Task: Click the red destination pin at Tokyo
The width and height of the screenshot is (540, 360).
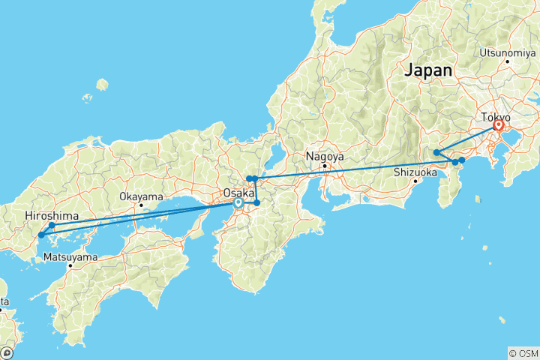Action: point(497,127)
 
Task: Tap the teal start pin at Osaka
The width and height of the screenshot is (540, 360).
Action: point(238,202)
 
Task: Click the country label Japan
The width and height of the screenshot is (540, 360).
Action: point(429,70)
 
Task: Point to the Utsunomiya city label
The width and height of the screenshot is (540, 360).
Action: point(508,53)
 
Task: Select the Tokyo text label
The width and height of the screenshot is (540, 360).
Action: point(496,118)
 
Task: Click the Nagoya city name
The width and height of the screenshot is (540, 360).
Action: point(325,157)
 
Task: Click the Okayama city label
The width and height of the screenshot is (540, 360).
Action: point(140,196)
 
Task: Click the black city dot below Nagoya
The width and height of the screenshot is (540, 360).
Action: point(325,166)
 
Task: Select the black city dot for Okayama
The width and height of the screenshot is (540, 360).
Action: point(140,205)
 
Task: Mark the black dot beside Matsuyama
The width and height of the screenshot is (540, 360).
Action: point(70,265)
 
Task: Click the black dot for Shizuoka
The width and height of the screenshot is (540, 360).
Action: point(415,180)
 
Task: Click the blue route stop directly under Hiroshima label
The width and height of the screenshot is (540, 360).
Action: point(52,225)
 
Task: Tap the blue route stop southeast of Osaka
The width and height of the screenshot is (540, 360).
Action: point(256,203)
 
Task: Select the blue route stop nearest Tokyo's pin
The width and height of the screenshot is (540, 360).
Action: point(462,160)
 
